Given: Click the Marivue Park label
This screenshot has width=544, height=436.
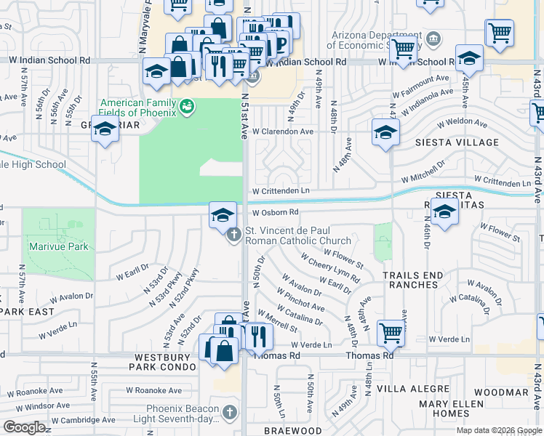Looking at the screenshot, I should (x=59, y=246).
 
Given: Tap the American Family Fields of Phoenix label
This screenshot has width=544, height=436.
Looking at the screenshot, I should (x=138, y=108).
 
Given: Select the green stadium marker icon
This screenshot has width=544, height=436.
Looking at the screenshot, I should (x=187, y=107).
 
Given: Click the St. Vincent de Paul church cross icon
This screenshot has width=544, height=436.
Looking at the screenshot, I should (x=234, y=235).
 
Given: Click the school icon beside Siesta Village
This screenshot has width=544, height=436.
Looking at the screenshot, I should (x=385, y=132).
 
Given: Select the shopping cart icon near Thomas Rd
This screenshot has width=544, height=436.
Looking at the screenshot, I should (x=391, y=333).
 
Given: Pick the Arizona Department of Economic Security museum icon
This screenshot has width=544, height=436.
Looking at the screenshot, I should (x=433, y=38).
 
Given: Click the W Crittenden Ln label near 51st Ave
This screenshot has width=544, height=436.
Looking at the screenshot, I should (x=281, y=191).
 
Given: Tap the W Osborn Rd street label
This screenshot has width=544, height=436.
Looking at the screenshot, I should (x=276, y=213).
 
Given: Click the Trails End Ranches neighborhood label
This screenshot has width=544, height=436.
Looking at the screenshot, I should (x=420, y=280).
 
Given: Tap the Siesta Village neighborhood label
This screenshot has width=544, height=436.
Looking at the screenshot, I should (x=457, y=142).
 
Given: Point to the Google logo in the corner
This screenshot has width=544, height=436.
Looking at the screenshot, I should (x=24, y=427).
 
